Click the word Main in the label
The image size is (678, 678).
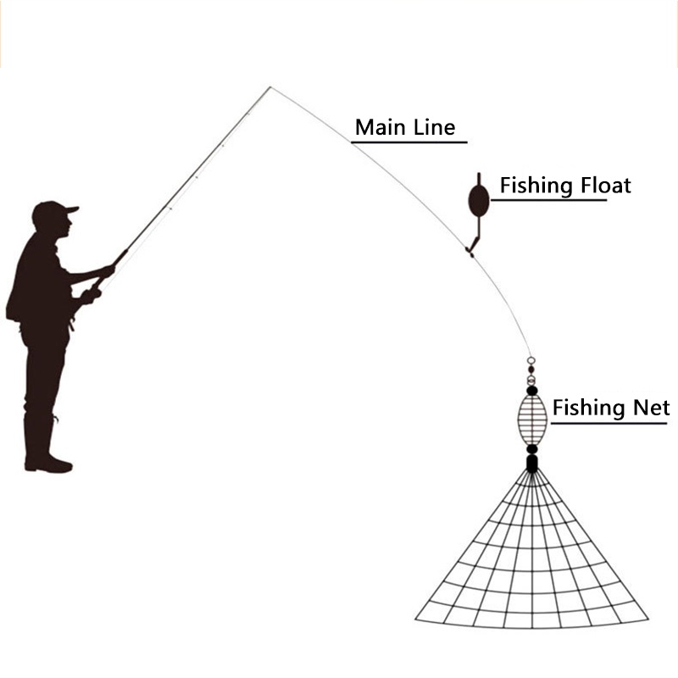(378, 128)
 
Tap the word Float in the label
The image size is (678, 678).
(602, 186)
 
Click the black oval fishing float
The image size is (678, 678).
(479, 200)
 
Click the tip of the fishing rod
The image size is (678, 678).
(270, 87)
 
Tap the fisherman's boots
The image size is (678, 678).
(47, 462)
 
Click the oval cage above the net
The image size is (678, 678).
(532, 416)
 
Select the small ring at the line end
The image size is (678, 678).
(531, 361)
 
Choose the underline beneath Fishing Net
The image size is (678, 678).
(610, 422)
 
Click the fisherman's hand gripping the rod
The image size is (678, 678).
(108, 270)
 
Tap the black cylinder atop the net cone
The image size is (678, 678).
(531, 463)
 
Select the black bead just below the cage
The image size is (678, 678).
(531, 449)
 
